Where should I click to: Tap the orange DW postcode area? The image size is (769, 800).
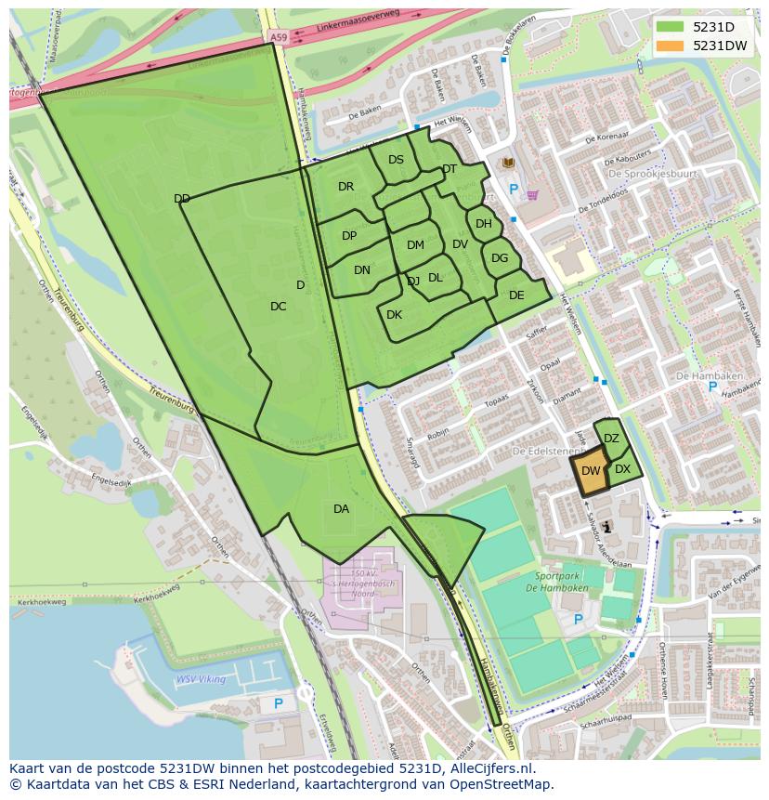[590, 469]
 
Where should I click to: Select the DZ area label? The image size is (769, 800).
[611, 439]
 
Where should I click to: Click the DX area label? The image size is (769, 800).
[622, 469]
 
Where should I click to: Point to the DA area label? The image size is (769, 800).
[341, 508]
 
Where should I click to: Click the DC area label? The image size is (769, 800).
[278, 307]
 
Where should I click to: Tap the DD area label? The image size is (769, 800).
[182, 199]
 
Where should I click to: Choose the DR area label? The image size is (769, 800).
[345, 187]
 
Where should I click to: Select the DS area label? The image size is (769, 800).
[396, 160]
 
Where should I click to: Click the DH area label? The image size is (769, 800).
[483, 224]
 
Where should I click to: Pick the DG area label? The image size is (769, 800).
[499, 258]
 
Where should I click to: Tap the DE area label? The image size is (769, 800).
[516, 295]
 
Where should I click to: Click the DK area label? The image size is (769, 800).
[394, 315]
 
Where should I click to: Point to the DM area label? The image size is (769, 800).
[415, 245]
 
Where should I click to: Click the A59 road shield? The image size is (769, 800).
[278, 36]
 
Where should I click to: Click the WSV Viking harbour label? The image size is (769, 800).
[201, 679]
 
